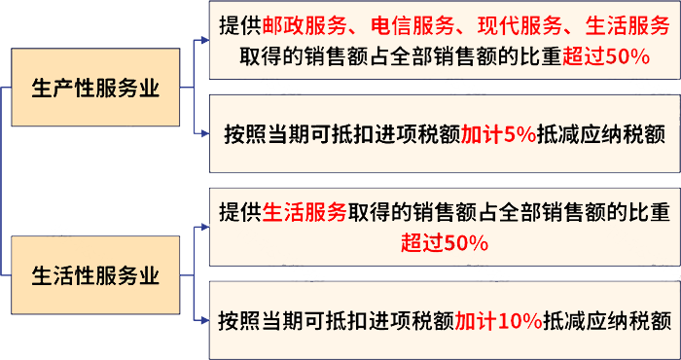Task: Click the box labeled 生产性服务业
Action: (95, 89)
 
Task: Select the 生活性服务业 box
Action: (95, 275)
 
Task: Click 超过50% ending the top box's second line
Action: (606, 56)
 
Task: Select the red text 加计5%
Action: (498, 134)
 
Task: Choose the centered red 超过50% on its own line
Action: (444, 242)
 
